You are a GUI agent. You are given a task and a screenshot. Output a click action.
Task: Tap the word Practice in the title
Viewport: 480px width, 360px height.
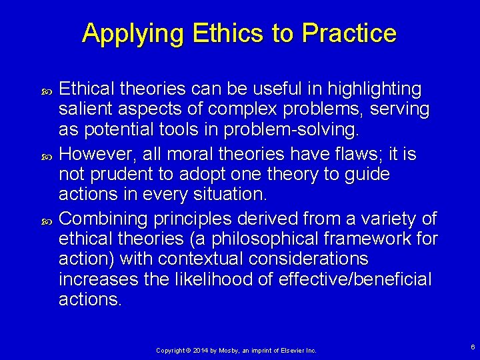pyautogui.click(x=349, y=33)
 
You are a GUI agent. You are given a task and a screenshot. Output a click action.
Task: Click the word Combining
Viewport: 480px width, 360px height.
pyautogui.click(x=106, y=218)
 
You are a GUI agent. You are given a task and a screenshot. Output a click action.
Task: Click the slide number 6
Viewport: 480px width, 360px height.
pyautogui.click(x=472, y=347)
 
